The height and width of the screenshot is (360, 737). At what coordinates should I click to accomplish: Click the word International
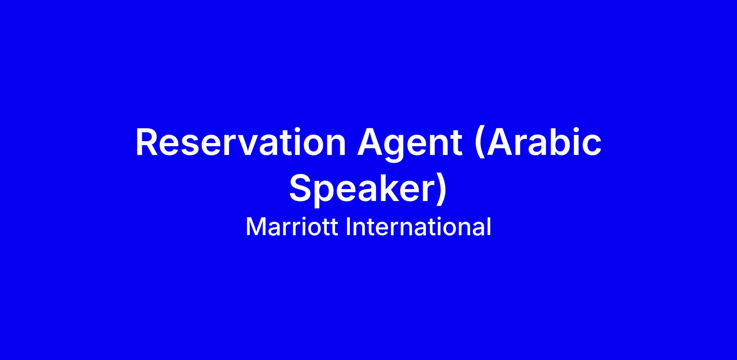[x=419, y=227]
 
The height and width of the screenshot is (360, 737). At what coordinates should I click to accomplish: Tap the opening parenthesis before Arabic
[x=480, y=144]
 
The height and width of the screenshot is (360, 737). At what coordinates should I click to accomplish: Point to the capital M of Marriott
[x=256, y=227]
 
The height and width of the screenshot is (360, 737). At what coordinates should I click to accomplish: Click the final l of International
[x=489, y=226]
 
